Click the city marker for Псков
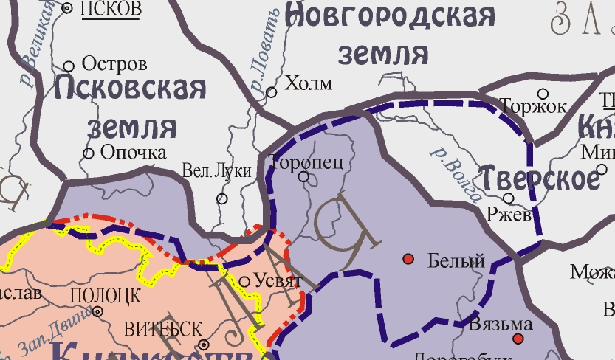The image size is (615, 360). click(68, 9)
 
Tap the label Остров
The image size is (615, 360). click(114, 64)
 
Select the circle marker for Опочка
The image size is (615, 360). click(89, 153)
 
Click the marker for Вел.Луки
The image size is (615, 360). click(221, 199)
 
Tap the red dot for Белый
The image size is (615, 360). click(408, 259)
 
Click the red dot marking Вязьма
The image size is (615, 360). click(518, 339)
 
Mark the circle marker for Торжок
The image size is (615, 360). click(543, 94)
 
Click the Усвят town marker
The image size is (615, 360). click(245, 281)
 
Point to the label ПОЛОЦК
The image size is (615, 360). click(104, 296)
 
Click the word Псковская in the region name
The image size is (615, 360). click(130, 89)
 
